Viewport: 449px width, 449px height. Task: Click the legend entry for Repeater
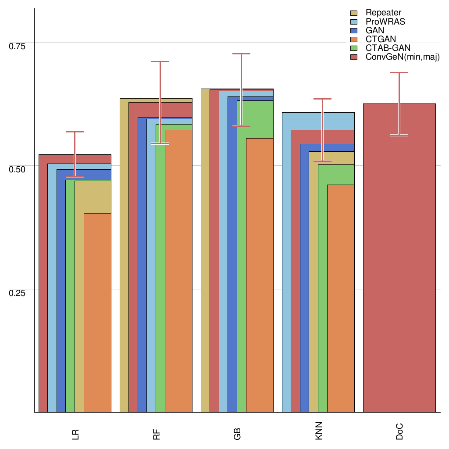pos(383,13)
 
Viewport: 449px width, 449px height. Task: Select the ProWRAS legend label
pos(385,21)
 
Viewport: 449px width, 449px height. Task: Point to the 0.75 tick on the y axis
pos(18,46)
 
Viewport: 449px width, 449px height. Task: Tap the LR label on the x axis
pos(75,435)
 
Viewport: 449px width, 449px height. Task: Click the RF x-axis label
pos(156,435)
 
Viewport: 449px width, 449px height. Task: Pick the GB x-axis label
pos(237,435)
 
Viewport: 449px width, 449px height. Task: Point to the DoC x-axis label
pos(399,434)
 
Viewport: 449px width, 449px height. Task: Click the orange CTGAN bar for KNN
pos(341,298)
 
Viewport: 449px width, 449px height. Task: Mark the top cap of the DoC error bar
pos(399,73)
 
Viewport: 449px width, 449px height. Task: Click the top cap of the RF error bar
pos(160,62)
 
